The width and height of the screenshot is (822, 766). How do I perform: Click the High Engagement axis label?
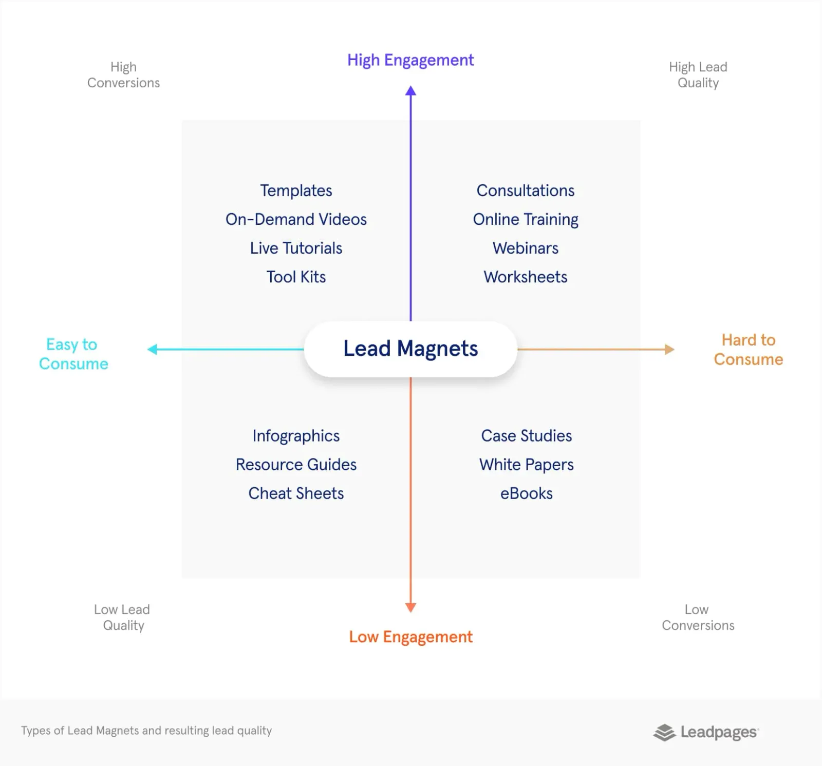[410, 61]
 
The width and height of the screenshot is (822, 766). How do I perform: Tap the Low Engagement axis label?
[410, 637]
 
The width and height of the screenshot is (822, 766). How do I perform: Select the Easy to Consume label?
[73, 354]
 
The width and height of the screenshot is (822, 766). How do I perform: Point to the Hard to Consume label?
[749, 350]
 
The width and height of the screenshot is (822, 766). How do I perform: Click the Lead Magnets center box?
[410, 349]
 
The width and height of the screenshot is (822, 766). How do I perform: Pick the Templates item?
[296, 190]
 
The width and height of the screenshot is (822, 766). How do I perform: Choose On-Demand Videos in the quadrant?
[296, 219]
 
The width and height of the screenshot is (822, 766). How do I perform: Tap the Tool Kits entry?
[296, 277]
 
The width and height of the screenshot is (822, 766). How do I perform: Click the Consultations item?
[526, 190]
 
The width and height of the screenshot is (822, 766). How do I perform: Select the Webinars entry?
[526, 248]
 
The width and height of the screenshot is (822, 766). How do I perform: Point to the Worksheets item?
[526, 277]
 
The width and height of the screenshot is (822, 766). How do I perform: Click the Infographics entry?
[296, 436]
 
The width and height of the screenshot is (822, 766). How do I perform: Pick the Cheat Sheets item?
[296, 493]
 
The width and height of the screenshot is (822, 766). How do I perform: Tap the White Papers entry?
[527, 465]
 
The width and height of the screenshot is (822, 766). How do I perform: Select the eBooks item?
[527, 493]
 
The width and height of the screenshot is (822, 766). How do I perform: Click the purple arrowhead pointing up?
[410, 91]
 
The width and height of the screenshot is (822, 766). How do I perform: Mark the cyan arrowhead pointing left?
[152, 350]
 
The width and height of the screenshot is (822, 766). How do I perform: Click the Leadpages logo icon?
[664, 733]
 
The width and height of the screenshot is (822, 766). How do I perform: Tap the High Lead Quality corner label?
[698, 75]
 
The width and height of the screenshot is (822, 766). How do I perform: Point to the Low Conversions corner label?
[698, 617]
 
